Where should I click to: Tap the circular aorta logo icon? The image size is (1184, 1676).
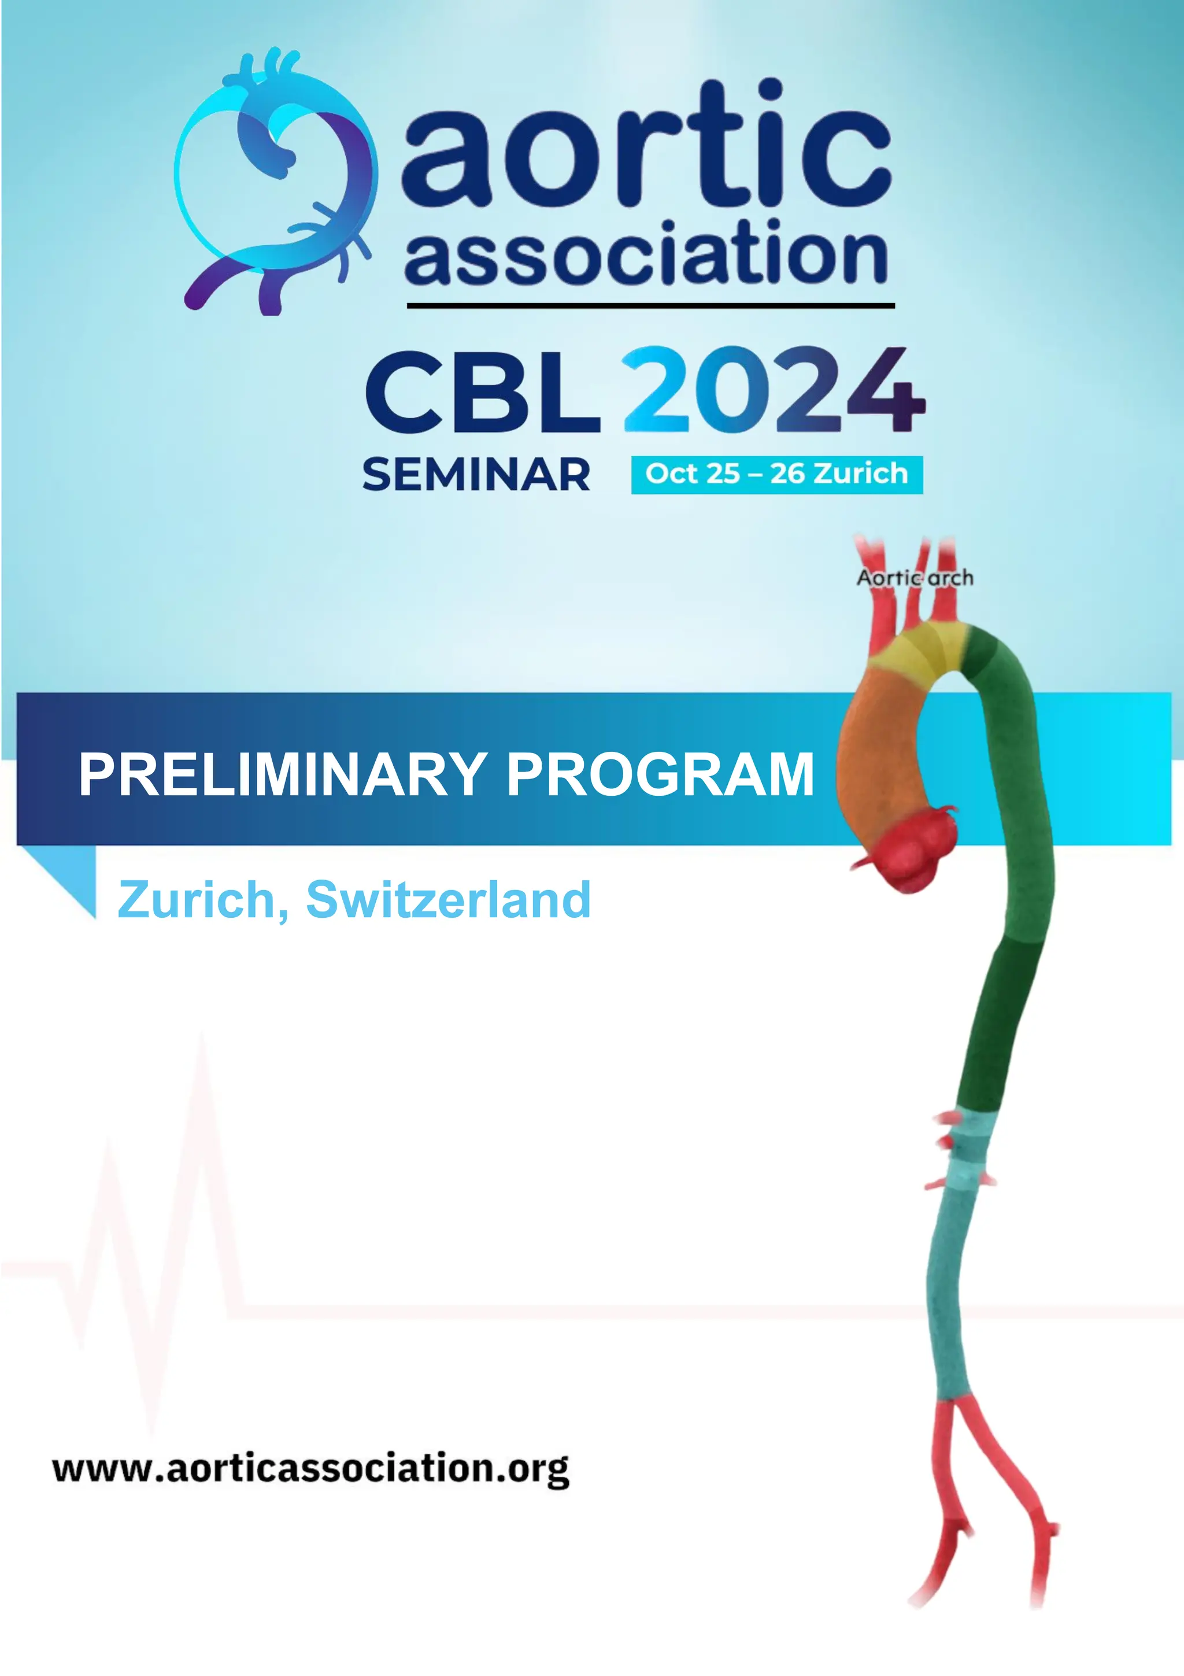click(x=276, y=183)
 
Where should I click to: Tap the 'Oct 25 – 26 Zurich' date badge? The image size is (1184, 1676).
click(x=776, y=474)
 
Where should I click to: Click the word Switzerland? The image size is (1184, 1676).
click(x=448, y=899)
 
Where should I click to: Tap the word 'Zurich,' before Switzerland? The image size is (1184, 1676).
click(x=203, y=899)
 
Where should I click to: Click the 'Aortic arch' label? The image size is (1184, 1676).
click(x=915, y=578)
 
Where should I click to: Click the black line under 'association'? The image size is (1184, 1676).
click(x=649, y=305)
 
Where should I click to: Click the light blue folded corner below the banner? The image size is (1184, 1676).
click(x=69, y=872)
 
